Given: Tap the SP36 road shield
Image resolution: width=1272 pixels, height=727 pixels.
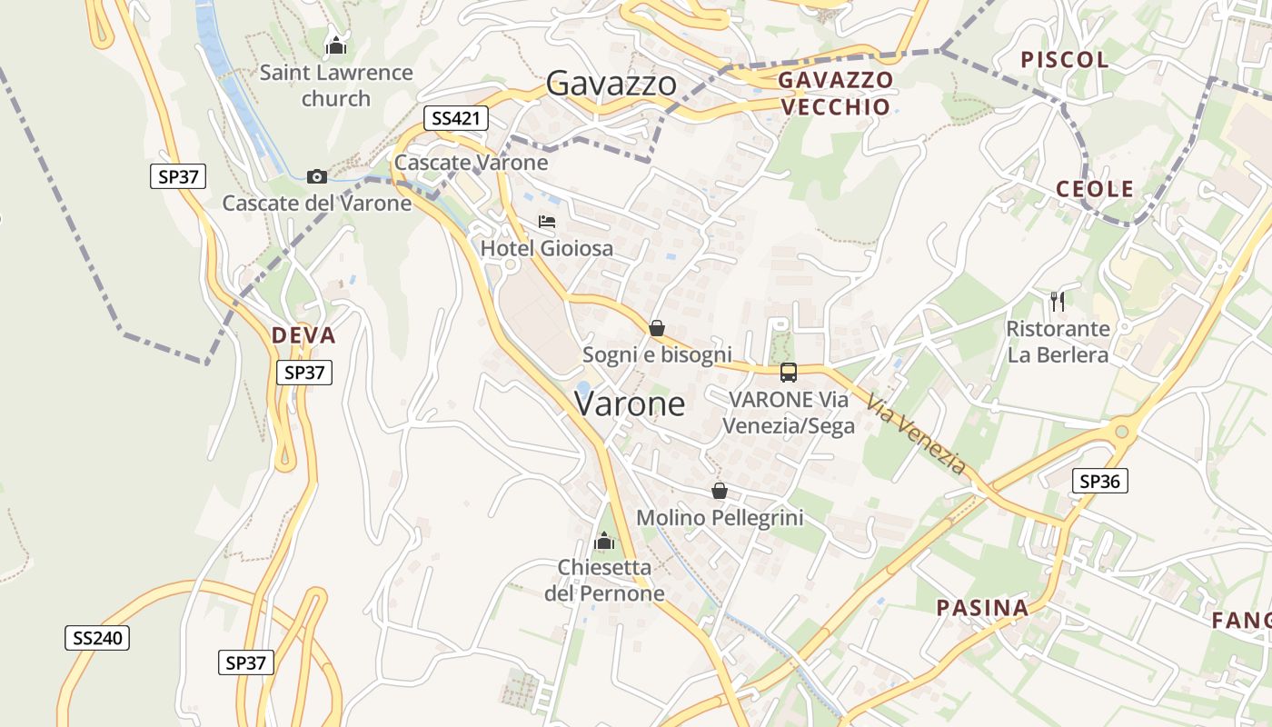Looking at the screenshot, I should coord(1099,482).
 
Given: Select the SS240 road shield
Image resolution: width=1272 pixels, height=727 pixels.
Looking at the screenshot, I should coord(97,638).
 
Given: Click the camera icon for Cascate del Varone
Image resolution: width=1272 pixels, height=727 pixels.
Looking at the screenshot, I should coord(317,176).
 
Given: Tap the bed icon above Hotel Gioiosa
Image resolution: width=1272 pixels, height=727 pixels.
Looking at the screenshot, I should coord(546,222).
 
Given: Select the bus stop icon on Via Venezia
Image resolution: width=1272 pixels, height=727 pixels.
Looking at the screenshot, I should coord(789,373).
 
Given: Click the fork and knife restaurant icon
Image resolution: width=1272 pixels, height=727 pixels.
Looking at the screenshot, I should coord(1057,301).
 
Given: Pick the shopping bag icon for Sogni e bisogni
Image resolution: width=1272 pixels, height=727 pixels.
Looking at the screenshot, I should coord(656,328).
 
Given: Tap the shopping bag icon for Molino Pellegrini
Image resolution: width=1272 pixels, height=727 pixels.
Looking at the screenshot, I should coord(720,492).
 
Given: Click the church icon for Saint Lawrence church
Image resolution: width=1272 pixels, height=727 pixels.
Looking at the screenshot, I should coord(336,45).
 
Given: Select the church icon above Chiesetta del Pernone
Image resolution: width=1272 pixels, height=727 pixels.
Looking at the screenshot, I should coord(604,542).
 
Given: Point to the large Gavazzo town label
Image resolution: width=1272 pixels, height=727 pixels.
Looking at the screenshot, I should coord(611,85).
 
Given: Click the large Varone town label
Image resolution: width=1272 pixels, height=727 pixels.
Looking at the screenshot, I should coord(630,403).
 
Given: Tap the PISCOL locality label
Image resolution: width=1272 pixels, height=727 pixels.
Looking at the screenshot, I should coord(1065,60).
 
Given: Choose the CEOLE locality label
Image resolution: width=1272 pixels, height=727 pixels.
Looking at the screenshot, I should coord(1095,189).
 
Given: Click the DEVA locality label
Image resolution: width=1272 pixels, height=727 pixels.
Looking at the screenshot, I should coord(303,336).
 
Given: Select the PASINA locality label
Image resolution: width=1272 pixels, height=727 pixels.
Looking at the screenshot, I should coord(982,608).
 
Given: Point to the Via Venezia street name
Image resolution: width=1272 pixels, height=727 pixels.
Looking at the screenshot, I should coord(916,434).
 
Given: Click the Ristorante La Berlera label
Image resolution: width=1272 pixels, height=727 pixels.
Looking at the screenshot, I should coord(1058,342).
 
